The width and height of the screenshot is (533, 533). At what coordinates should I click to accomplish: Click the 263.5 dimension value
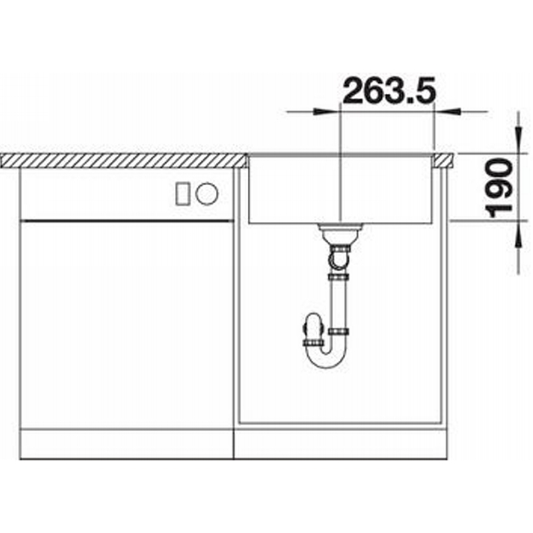click(389, 91)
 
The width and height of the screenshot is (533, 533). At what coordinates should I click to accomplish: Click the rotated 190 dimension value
click(499, 188)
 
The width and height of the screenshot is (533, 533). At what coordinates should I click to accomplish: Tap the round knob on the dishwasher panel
click(207, 194)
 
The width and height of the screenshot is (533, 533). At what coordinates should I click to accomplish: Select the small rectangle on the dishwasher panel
click(183, 194)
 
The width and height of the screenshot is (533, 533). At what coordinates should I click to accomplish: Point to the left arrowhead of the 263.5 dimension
click(327, 111)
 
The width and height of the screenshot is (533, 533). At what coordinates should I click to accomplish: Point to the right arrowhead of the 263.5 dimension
click(447, 111)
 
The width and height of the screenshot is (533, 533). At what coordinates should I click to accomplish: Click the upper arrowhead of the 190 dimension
click(518, 141)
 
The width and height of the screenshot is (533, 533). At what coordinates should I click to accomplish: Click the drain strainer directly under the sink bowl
click(340, 232)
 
